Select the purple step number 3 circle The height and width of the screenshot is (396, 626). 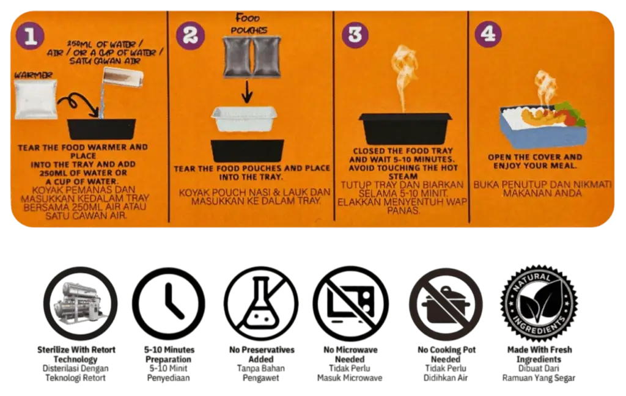point(355,34)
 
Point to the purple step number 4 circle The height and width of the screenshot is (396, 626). point(488,34)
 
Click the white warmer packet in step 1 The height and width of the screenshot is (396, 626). point(35,99)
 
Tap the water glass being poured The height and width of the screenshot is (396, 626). point(122,78)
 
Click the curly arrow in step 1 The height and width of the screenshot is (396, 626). point(78,105)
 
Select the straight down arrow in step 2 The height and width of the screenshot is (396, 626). point(247,92)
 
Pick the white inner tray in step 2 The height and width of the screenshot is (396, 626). point(244,119)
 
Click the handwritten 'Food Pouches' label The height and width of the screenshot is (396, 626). point(248,24)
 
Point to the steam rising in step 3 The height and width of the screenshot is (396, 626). point(404,78)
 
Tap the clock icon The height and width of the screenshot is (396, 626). point(169,303)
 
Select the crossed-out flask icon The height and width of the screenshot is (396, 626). point(260,303)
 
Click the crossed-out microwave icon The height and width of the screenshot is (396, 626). point(350,303)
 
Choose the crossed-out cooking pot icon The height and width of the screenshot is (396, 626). point(446,304)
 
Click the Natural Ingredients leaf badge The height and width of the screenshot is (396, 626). point(539,303)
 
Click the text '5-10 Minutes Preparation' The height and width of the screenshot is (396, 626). point(169,354)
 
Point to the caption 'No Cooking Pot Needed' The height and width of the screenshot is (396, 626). point(446,354)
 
